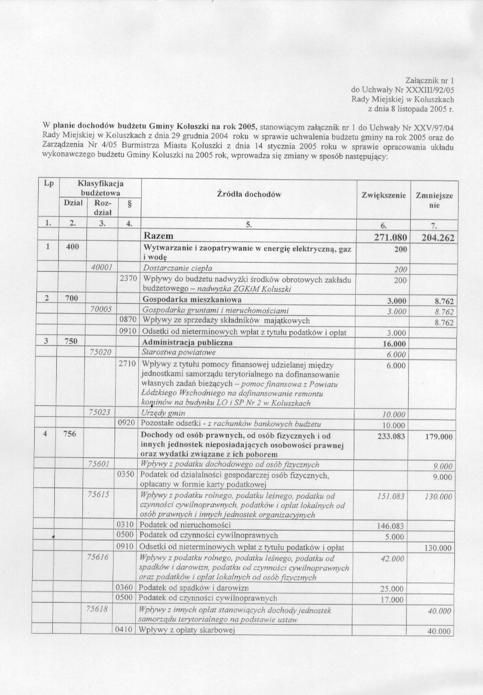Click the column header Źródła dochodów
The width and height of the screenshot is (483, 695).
click(x=249, y=195)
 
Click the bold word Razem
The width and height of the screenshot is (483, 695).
click(x=158, y=236)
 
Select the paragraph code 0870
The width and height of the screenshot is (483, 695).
click(x=127, y=320)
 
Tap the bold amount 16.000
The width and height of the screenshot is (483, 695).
click(x=394, y=344)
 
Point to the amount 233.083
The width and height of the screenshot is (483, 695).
click(x=391, y=436)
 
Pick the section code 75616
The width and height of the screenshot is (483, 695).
click(x=98, y=557)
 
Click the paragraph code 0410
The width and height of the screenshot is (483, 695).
click(x=124, y=630)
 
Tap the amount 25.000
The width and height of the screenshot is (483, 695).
click(x=392, y=589)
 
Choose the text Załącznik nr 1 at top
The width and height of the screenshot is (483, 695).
click(x=429, y=80)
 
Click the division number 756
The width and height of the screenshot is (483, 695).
click(x=70, y=434)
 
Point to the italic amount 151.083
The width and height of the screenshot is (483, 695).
click(x=391, y=497)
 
